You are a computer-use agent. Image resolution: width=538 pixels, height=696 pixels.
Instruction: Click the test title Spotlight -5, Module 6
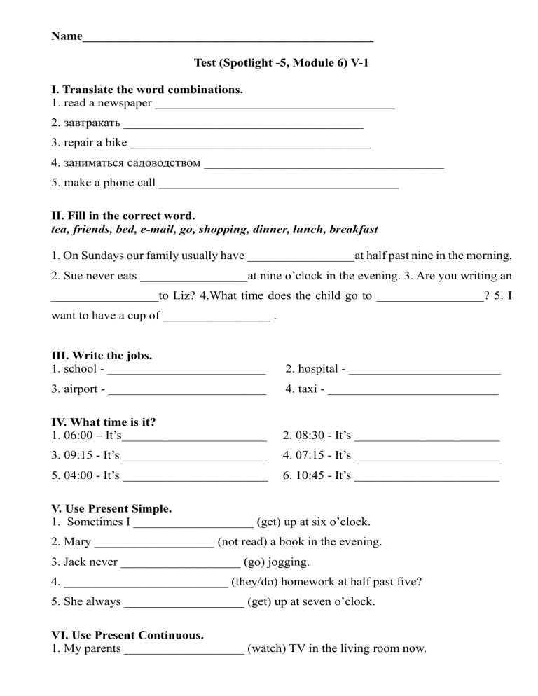280,63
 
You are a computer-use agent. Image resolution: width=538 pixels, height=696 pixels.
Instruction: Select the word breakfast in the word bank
354,229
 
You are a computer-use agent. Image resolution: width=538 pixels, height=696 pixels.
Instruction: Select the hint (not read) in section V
245,542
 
